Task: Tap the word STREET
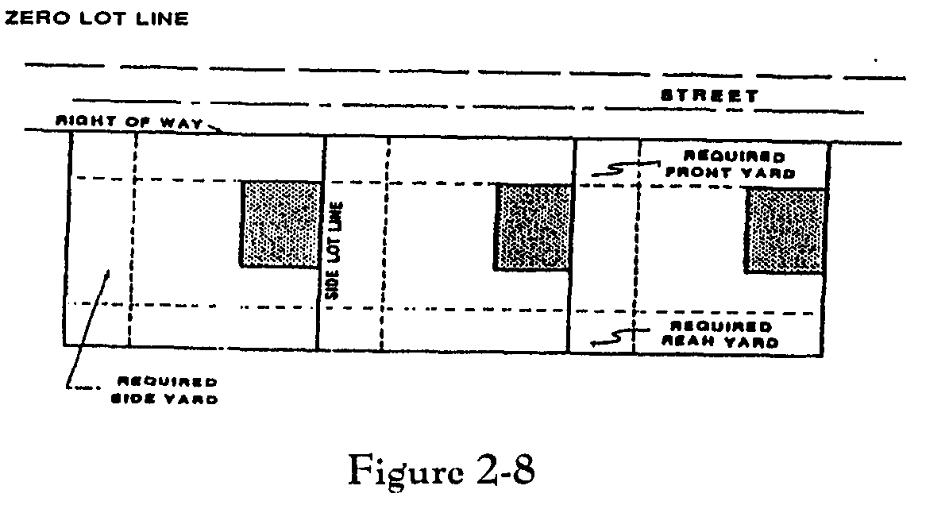(x=710, y=96)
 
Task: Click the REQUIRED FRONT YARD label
(x=730, y=165)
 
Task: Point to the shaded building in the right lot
(x=784, y=231)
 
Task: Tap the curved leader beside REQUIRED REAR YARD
(x=615, y=337)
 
